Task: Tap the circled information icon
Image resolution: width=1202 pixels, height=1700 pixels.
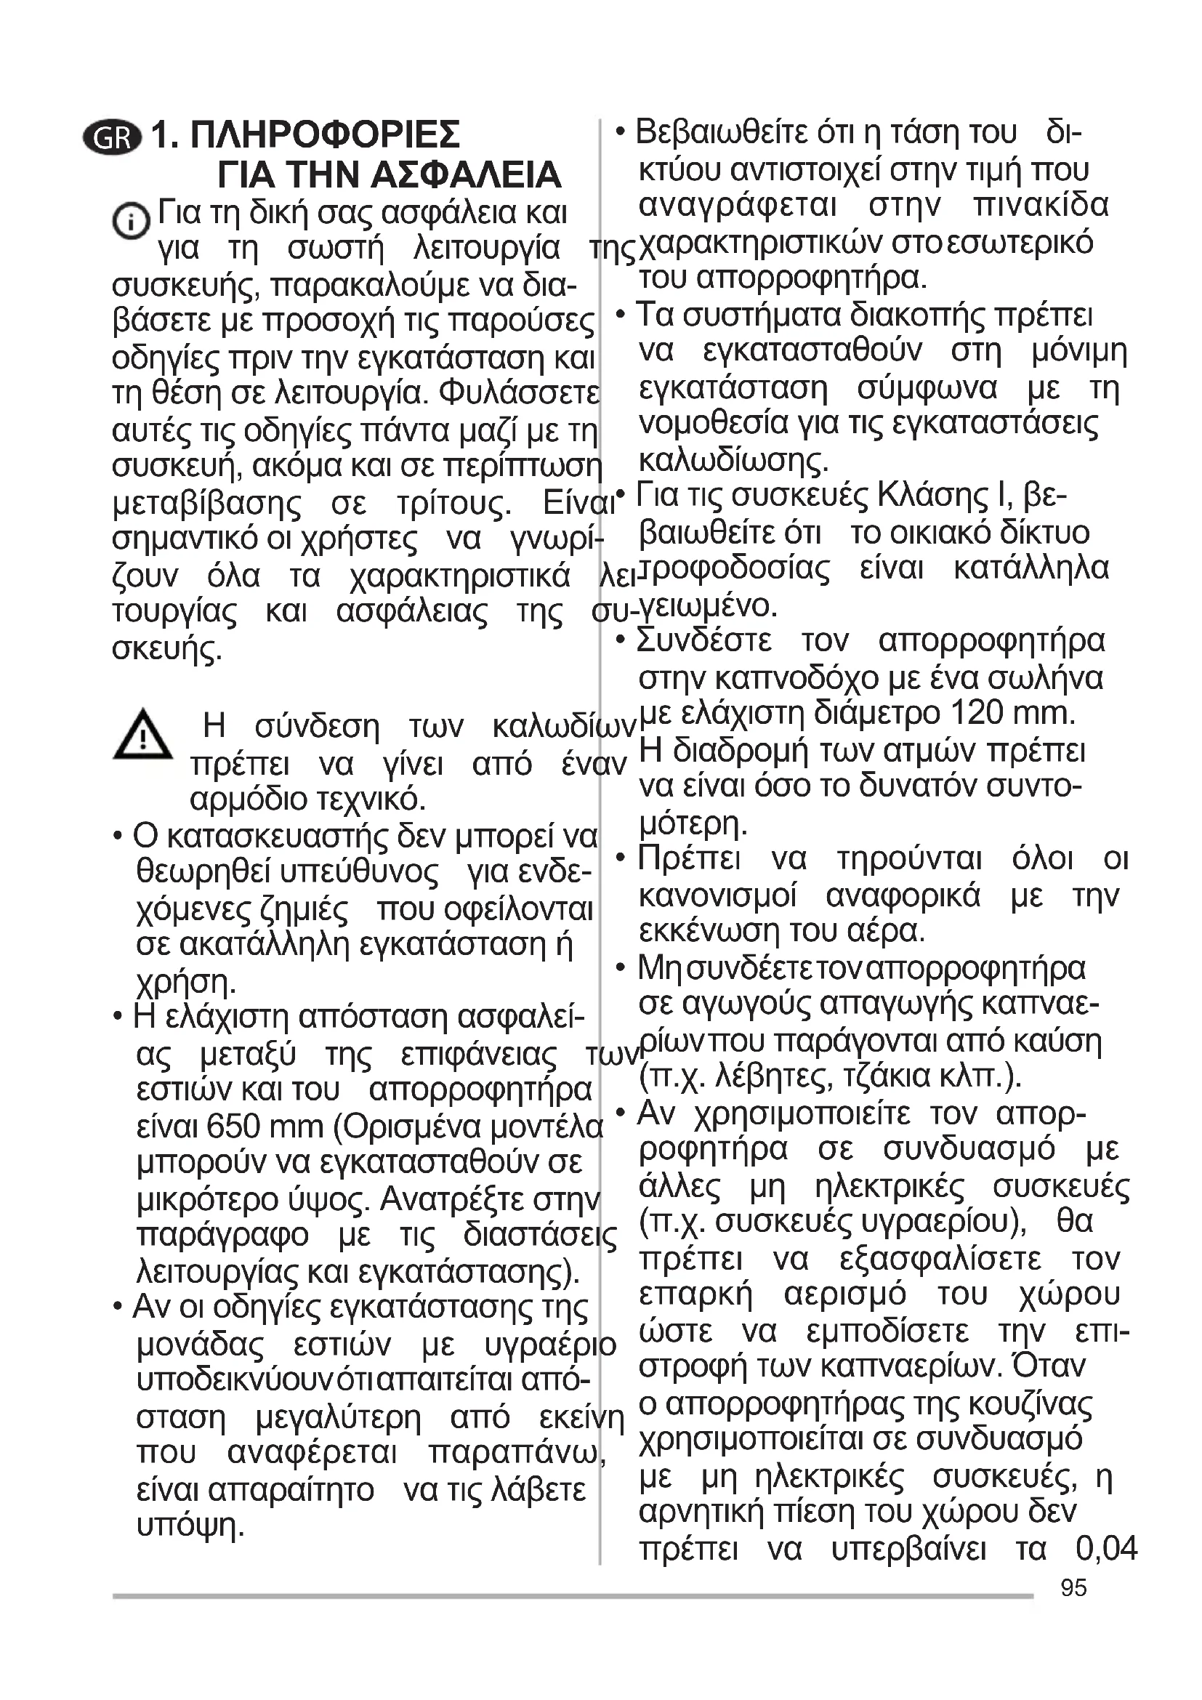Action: (130, 220)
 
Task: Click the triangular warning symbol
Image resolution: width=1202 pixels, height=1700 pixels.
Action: (142, 734)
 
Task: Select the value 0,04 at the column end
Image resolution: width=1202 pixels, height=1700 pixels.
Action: (1106, 1547)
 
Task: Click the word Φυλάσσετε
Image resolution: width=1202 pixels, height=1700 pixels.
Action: (518, 393)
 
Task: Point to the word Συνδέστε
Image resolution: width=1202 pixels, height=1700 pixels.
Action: (704, 640)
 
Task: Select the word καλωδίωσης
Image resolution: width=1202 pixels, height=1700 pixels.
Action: (733, 461)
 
